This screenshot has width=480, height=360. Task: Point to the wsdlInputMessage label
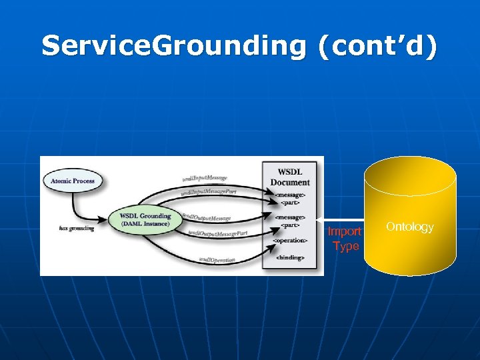coord(204,178)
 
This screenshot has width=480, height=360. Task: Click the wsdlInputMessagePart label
coord(209,192)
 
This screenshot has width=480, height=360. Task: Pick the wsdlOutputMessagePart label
coord(217,233)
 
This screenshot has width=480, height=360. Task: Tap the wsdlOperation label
coord(217,259)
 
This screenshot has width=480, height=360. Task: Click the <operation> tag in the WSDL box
coord(290,240)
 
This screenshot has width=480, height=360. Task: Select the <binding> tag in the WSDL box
coord(290,257)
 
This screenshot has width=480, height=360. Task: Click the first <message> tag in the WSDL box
coord(290,194)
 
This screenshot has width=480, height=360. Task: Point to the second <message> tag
coord(290,217)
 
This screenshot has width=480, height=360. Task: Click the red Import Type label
coord(345,239)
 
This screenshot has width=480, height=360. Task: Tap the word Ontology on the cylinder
coord(409,227)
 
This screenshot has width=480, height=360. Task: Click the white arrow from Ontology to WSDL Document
coord(340,219)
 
